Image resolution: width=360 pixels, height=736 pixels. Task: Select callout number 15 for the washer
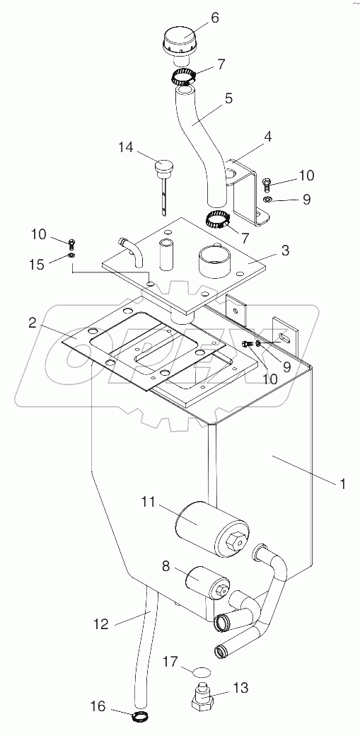coord(37,264)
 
